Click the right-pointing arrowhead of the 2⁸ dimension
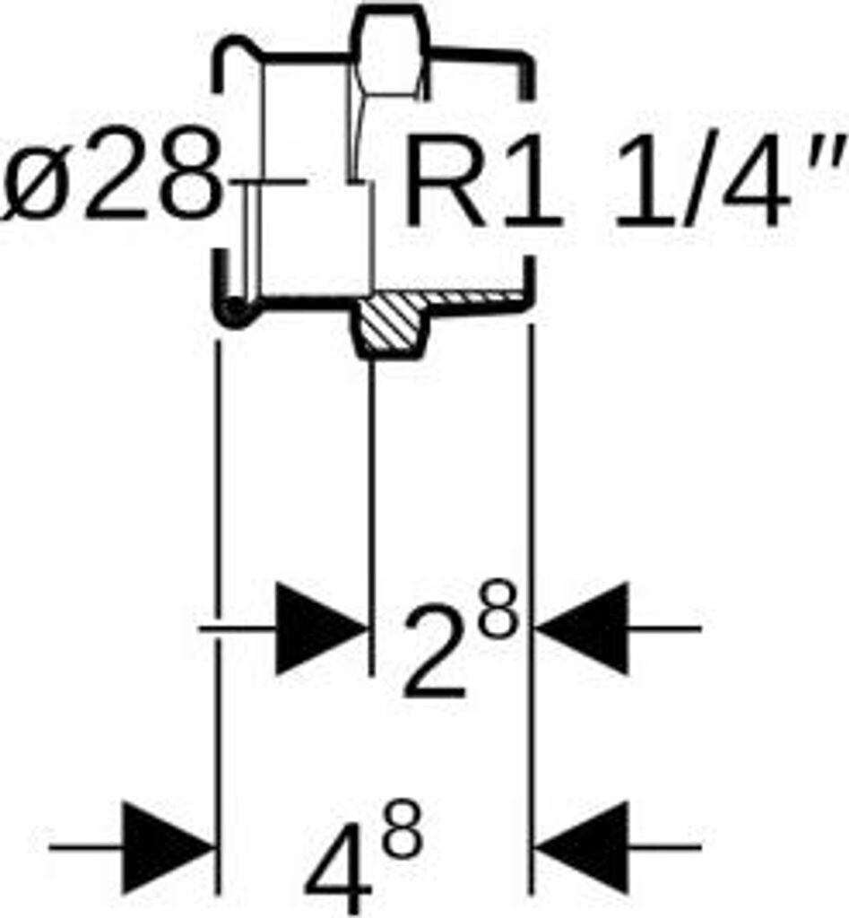(x=319, y=628)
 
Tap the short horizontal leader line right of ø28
(x=269, y=183)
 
